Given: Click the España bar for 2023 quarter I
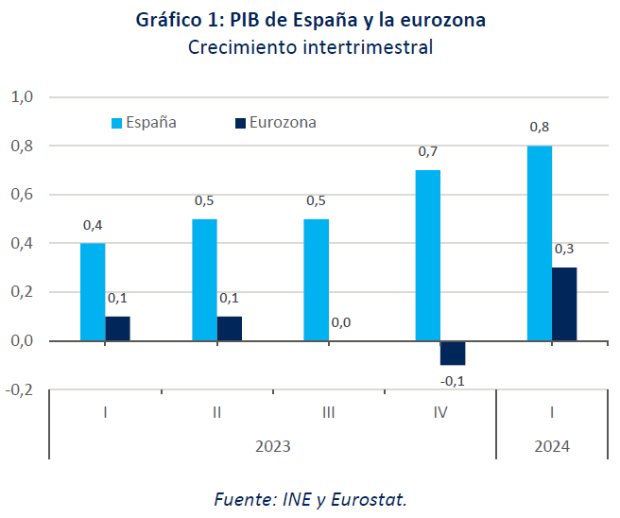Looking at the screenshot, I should (x=93, y=291).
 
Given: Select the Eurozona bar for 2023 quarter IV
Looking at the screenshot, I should (x=453, y=353).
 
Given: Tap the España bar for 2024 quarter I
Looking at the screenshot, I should (x=539, y=243).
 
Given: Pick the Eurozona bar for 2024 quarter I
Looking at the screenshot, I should (x=564, y=303).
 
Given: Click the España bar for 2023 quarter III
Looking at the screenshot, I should (x=316, y=280).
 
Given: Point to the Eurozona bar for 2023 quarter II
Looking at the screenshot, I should (x=230, y=328).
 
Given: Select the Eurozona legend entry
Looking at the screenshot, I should (x=275, y=122).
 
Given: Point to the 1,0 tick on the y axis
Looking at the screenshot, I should (x=22, y=97).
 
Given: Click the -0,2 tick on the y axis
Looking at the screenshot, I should (x=20, y=389).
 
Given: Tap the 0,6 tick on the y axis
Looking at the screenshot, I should (x=22, y=195).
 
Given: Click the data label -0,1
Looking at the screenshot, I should (x=453, y=381).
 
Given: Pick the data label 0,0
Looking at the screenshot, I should (x=341, y=323).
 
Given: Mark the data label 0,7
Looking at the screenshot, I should (x=428, y=152).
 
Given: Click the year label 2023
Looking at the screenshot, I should (x=272, y=445).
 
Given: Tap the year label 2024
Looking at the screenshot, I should (x=552, y=445).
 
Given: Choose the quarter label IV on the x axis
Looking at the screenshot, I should (x=440, y=413).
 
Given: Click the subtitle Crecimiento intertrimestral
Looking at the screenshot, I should (x=310, y=48).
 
